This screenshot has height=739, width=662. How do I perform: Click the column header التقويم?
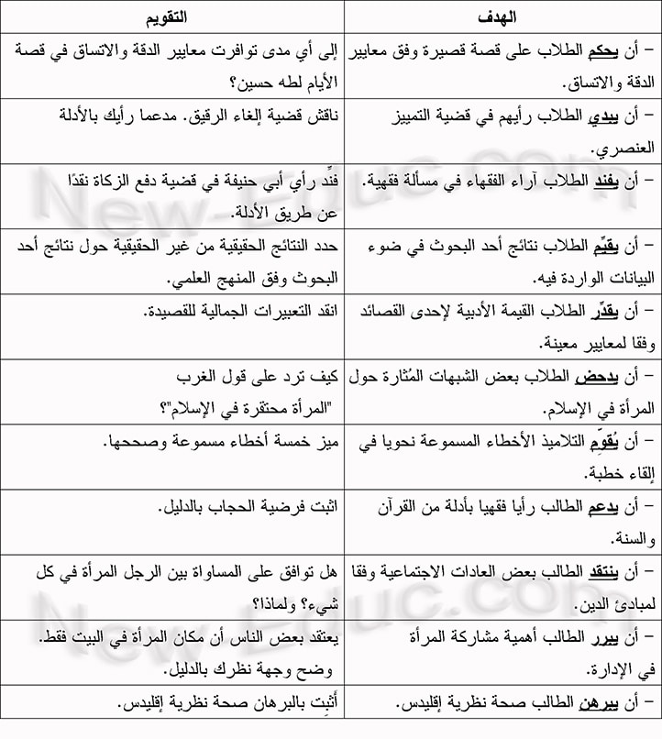[x=170, y=17]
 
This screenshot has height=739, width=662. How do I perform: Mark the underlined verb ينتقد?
[x=611, y=571]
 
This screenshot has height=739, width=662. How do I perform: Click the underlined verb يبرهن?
[x=608, y=702]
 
